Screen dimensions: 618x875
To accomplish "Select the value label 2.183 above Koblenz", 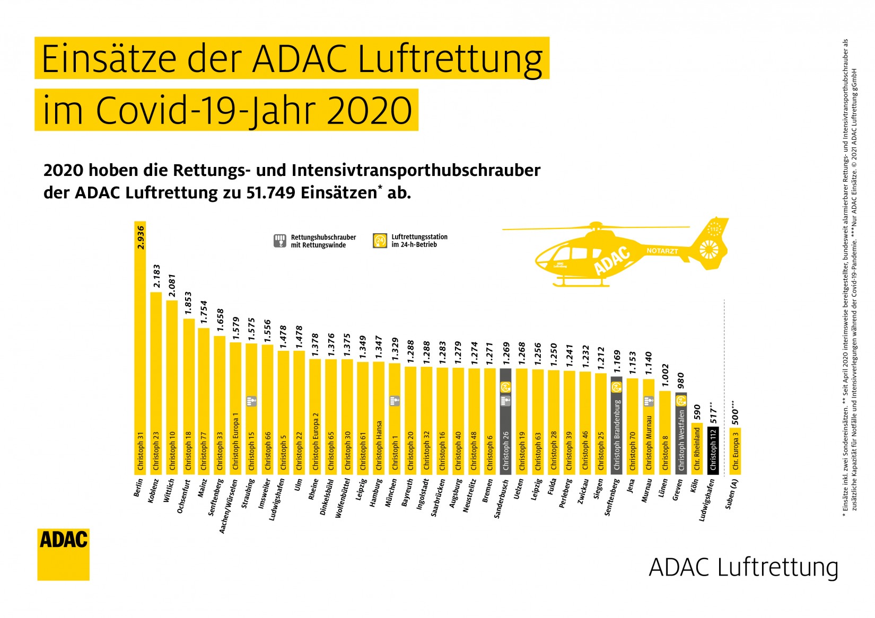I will (x=156, y=276).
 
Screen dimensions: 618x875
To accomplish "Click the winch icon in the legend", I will (x=279, y=241).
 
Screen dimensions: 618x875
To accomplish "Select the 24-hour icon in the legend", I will (x=380, y=241).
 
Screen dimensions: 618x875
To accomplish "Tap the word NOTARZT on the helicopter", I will (x=662, y=251).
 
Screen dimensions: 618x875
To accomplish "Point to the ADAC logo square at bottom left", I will (x=63, y=554).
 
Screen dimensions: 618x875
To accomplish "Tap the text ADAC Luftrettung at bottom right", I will (x=743, y=567).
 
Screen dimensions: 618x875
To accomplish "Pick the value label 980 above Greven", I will (x=681, y=380).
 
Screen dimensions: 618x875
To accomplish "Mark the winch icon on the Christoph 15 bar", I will (x=252, y=401).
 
